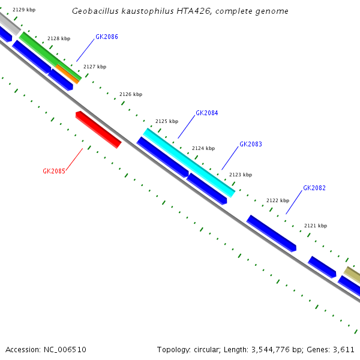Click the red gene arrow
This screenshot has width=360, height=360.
click(98, 129)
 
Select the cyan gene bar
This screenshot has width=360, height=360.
click(189, 163)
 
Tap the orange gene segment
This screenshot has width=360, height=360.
click(68, 74)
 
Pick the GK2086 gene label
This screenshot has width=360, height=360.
click(107, 37)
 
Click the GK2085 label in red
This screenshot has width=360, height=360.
click(54, 171)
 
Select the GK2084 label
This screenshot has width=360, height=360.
click(207, 113)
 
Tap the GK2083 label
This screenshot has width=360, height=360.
click(251, 144)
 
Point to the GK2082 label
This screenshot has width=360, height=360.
click(314, 188)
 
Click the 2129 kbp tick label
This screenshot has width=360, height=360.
click(24, 10)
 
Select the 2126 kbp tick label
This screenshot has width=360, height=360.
click(131, 94)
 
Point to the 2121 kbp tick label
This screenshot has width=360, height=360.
click(316, 226)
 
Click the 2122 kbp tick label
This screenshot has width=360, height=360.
click(278, 200)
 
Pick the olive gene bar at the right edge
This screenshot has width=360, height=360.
click(353, 274)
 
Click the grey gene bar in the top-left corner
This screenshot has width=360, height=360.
click(9, 23)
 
